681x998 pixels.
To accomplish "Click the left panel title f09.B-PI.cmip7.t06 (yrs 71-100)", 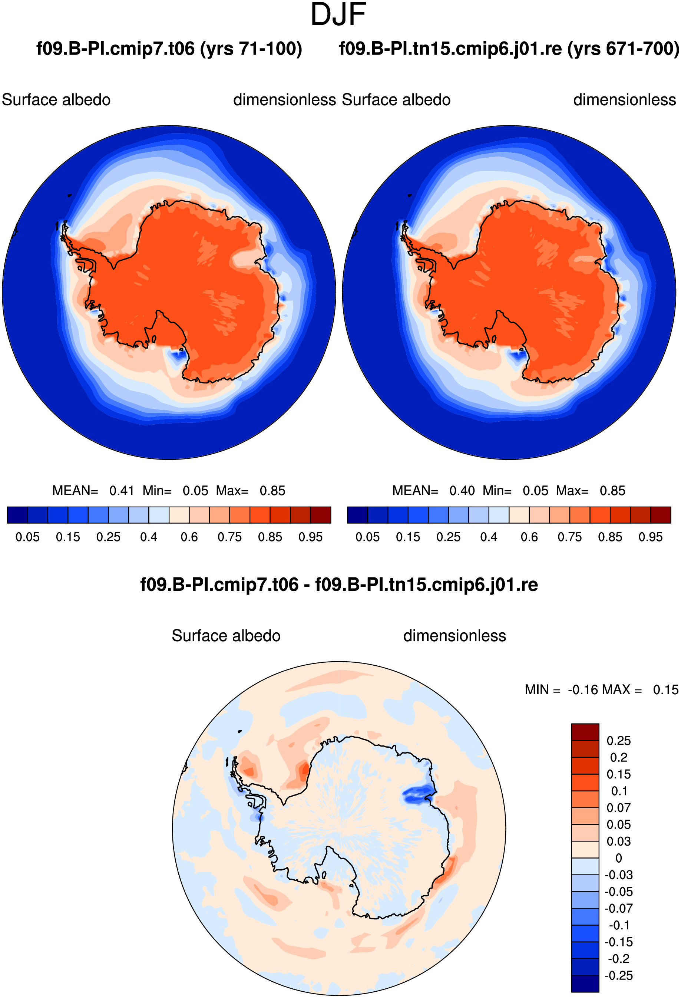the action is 169,49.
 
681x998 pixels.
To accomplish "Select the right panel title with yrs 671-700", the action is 509,49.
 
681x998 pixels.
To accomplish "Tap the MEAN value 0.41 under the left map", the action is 122,490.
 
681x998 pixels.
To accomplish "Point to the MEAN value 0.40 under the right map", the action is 462,490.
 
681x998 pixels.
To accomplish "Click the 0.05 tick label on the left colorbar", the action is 27,537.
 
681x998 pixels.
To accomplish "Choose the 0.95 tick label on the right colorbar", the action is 651,537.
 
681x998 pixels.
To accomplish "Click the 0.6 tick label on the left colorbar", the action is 189,537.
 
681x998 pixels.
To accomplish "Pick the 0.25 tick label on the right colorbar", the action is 448,537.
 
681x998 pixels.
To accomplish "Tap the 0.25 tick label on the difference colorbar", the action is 619,740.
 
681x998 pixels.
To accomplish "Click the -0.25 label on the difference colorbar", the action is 619,975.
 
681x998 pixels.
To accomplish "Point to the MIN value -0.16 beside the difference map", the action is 583,690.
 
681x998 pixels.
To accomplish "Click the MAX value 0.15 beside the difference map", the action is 665,690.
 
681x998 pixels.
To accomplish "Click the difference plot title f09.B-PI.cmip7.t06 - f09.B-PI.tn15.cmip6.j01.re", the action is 339,585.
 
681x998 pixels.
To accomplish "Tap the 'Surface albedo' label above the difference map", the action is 226,636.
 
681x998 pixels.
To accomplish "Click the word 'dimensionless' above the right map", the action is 625,100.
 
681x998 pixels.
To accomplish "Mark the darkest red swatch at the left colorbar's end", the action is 321,515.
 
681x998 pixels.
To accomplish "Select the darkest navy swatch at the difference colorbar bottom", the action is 585,984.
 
